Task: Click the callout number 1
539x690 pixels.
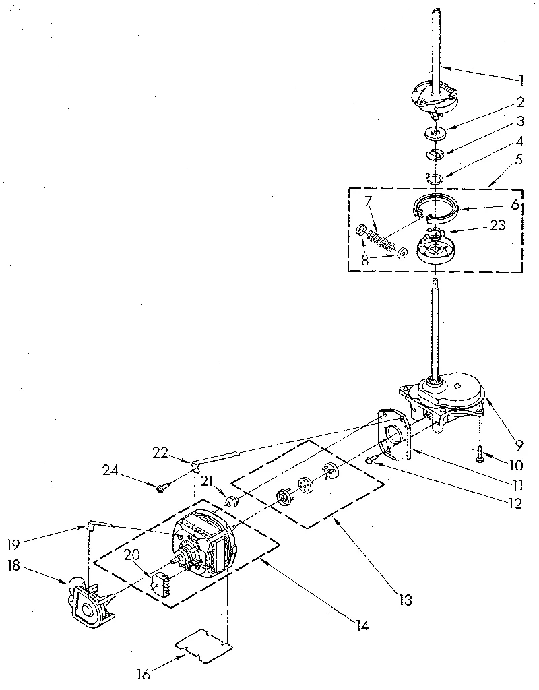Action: coord(521,80)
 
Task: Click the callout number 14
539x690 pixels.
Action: coord(362,625)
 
